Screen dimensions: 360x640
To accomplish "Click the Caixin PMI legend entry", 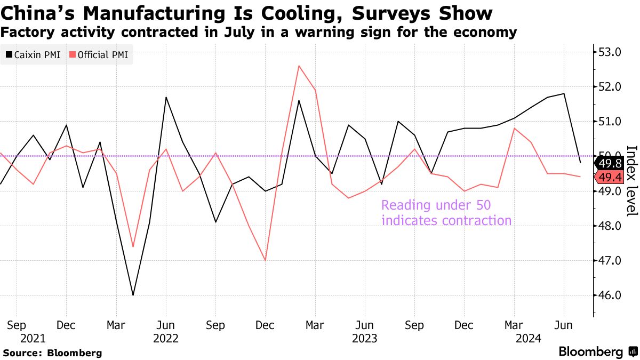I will (x=33, y=55).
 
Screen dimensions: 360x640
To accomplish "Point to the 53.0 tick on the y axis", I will (x=610, y=52).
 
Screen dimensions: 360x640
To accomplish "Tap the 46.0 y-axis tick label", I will (x=610, y=295).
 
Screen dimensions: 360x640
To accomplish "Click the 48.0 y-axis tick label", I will (x=610, y=226).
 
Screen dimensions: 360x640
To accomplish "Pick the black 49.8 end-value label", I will (x=610, y=163).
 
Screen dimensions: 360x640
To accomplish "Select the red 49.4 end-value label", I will (x=610, y=177).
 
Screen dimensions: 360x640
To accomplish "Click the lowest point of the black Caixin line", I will (x=133, y=295).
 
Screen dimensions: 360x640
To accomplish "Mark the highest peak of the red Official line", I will (x=299, y=66).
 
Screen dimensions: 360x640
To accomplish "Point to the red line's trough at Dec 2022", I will (x=265, y=260).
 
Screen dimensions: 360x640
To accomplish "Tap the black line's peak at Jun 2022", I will (x=166, y=97).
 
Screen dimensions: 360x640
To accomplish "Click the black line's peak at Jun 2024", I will (x=564, y=94).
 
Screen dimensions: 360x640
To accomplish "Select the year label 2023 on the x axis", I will (x=365, y=338).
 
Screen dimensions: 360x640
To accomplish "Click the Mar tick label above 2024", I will (x=514, y=325).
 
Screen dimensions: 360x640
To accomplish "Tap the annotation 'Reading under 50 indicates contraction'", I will (x=446, y=213).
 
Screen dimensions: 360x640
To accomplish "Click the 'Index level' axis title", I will (x=630, y=181).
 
